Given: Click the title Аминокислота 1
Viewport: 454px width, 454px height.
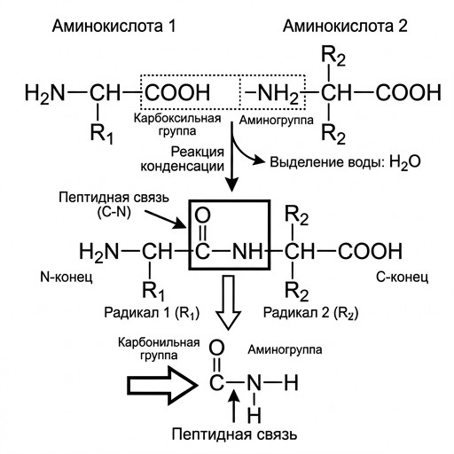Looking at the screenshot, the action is point(113,26).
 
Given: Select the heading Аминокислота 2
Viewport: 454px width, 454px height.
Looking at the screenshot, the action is point(345,26).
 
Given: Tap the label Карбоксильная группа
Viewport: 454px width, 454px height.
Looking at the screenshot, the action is point(177,124).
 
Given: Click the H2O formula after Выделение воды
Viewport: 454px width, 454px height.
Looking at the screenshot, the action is point(404,162).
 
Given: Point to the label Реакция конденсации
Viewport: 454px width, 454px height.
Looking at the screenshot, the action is point(182,160).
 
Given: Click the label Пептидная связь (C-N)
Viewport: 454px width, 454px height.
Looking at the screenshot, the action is point(113,204).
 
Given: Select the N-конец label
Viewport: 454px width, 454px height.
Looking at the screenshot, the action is point(67,278).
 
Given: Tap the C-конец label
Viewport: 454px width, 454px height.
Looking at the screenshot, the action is point(402,278).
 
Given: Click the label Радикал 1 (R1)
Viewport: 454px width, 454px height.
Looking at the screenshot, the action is point(152,312).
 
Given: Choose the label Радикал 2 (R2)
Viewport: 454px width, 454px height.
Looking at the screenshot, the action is point(310,312).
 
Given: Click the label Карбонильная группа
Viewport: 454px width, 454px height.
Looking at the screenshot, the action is point(159,348).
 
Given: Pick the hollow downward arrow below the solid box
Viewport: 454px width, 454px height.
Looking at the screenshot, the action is point(228,302).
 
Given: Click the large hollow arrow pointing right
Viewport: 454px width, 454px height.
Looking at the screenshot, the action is point(162,386).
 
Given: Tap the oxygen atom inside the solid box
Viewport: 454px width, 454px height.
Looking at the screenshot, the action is point(202,215).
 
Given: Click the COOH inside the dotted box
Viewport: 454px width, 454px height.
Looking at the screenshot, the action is point(177,92).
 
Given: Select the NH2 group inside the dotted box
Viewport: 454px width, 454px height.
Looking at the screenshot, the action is point(272,94).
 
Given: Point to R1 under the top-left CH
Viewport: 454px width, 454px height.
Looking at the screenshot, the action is point(102,134).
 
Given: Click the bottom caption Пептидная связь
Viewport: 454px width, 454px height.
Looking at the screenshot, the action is point(234,434).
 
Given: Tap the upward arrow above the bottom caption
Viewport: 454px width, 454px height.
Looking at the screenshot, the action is point(235,406).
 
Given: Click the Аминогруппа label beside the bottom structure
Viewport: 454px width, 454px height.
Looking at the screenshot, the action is point(285,350).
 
